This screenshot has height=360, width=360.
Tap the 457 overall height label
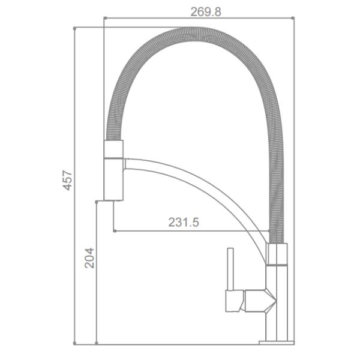tap(68, 180)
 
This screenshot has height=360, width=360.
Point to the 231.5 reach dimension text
tap(184, 223)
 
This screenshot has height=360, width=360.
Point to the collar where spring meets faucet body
tap(277, 254)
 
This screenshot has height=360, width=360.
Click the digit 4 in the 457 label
tap(68, 187)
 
